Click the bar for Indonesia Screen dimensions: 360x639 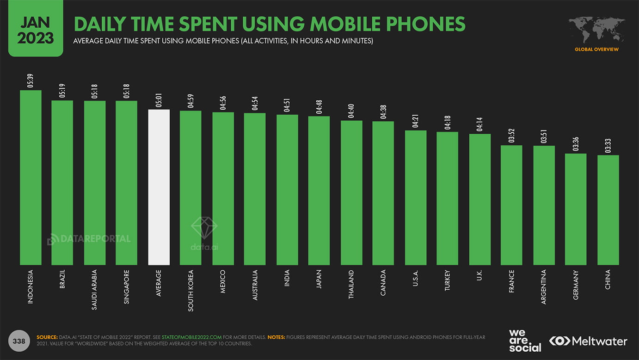(x=31, y=178)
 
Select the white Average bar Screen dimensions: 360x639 (x=159, y=187)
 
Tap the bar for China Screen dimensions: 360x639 (x=608, y=210)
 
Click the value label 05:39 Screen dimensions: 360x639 (x=31, y=81)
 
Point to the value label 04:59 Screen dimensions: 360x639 (x=190, y=101)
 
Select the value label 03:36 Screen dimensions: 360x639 (x=576, y=144)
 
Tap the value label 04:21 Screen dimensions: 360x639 (x=416, y=121)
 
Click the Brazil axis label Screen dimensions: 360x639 (x=62, y=279)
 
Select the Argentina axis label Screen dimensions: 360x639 (x=544, y=286)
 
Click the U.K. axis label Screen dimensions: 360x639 (x=479, y=276)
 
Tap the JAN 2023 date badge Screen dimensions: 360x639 (x=36, y=29)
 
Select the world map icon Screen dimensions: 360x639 (x=596, y=31)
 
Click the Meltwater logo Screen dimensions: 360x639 (x=588, y=341)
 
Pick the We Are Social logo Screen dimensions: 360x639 (x=525, y=341)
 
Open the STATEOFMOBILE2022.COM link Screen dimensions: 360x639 (x=192, y=337)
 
